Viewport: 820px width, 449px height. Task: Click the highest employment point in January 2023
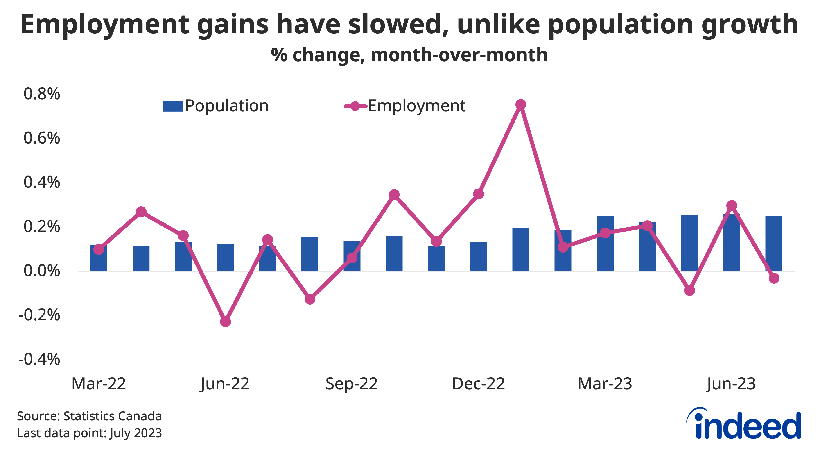pos(520,105)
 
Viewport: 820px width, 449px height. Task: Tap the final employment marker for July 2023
pos(774,278)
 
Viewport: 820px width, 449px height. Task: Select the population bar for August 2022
pos(310,254)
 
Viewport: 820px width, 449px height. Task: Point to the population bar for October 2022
pos(394,253)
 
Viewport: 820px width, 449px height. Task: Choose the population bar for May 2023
pos(689,243)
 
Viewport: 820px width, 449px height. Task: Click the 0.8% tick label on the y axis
pos(42,94)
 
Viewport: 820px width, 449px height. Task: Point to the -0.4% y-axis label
pos(39,359)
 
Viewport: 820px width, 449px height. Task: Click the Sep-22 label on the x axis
pos(351,384)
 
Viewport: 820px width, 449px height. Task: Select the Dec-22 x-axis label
pos(478,384)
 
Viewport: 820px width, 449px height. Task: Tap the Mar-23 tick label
pos(605,384)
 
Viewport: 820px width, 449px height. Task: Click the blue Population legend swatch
pos(173,106)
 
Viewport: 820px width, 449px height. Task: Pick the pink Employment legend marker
pos(355,106)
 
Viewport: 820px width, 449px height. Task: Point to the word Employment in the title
pos(105,25)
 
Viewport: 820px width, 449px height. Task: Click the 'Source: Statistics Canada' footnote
pos(89,416)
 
